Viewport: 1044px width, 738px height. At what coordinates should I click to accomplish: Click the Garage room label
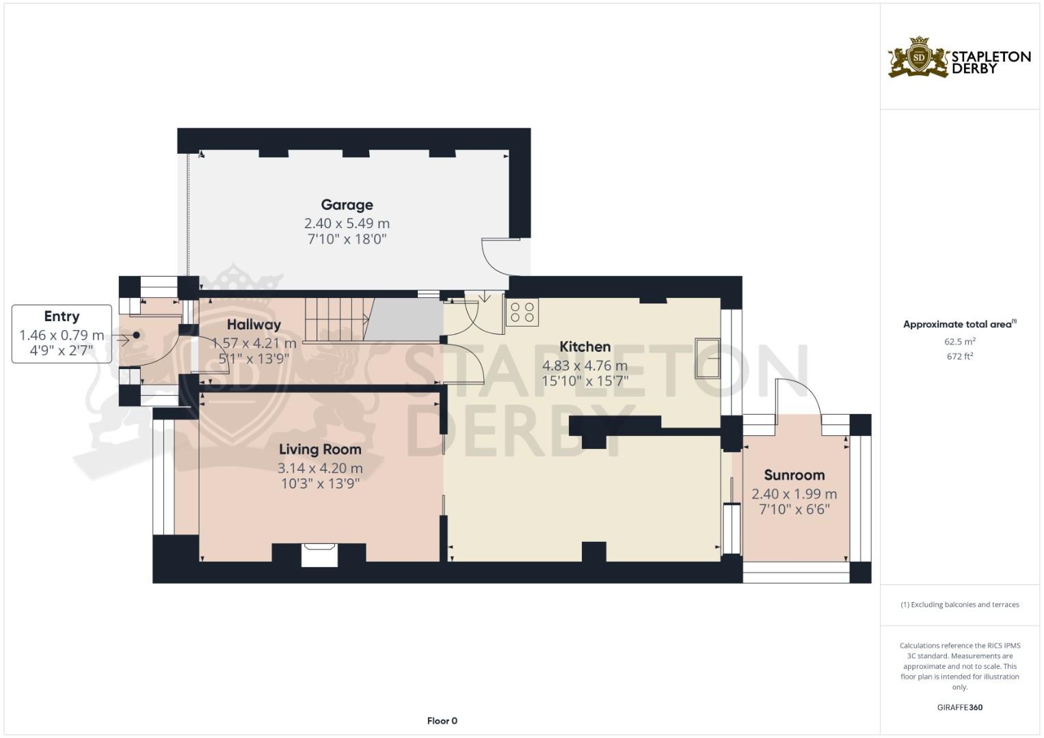click(x=347, y=204)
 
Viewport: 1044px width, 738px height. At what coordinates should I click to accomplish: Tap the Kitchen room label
click(x=585, y=346)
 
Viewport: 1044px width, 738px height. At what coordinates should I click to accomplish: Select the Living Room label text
click(x=320, y=449)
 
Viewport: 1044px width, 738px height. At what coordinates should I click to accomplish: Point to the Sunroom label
click(x=794, y=475)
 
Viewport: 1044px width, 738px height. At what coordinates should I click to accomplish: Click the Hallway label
click(x=254, y=325)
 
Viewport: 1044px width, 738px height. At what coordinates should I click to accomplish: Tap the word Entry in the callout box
click(x=62, y=316)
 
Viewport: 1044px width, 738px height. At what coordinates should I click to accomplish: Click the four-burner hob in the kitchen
click(x=522, y=312)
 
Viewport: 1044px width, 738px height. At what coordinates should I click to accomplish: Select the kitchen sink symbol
click(x=708, y=358)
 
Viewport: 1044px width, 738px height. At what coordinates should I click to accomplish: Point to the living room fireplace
click(x=320, y=554)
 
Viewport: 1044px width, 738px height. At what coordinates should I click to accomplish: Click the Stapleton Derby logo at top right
click(x=959, y=58)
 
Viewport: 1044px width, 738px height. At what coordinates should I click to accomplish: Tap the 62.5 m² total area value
click(x=959, y=342)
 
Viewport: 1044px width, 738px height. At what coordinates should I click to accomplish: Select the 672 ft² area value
click(x=959, y=356)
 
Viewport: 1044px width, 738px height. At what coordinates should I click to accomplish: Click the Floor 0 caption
click(x=442, y=721)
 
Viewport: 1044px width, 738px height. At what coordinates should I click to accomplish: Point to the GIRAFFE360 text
click(x=959, y=707)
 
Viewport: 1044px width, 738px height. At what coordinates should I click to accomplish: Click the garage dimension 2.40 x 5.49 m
click(x=347, y=223)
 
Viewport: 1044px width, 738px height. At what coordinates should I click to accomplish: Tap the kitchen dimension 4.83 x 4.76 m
click(x=585, y=366)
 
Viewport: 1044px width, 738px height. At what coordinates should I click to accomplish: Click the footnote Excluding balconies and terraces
click(x=959, y=605)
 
